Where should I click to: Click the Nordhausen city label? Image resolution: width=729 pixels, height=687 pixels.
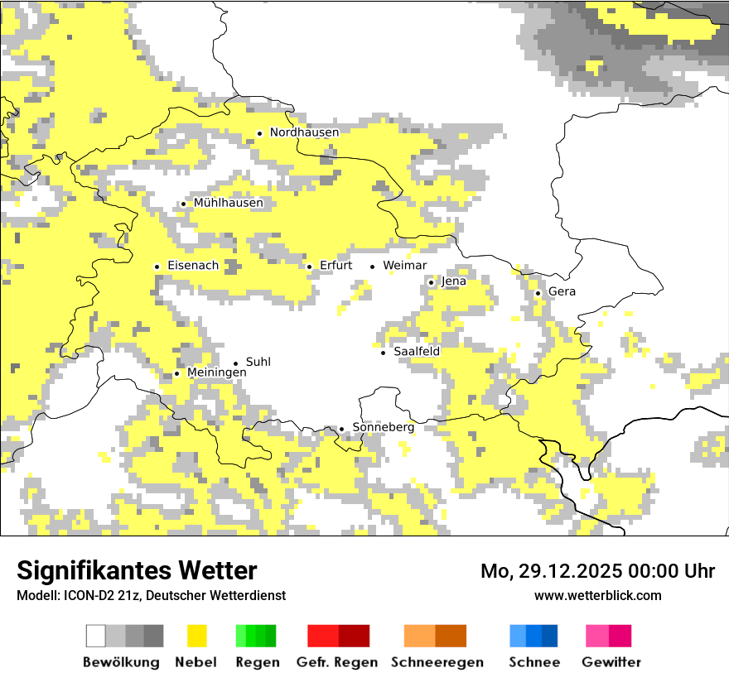304,132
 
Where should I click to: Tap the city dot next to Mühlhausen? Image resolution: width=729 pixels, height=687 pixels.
183,204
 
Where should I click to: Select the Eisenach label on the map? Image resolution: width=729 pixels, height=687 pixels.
193,266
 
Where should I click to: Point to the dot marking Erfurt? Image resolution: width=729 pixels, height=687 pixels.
309,267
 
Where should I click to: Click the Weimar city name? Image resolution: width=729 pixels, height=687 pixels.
404,266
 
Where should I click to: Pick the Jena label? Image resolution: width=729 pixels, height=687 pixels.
454,281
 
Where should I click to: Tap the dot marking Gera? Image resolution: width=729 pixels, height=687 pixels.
538,293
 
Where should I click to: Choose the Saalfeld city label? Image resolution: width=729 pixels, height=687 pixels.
417,352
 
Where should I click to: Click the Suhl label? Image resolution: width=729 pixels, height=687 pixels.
258,363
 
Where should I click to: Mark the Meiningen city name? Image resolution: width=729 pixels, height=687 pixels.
216,373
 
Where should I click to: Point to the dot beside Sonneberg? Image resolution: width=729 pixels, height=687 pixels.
341,429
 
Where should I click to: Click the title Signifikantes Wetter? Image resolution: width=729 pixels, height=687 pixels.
137,570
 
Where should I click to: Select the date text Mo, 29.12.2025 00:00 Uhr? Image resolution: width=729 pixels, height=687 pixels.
597,571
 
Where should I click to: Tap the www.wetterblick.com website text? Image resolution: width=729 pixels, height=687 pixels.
597,595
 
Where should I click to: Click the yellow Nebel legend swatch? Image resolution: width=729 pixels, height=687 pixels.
196,636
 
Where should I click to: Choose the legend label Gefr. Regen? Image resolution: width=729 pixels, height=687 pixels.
337,662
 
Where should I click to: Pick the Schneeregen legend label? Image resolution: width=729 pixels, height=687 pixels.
437,662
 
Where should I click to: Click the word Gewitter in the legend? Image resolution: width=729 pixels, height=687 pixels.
611,662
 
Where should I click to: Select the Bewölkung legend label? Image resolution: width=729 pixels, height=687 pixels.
121,662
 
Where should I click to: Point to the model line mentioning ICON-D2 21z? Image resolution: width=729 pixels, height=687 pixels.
151,595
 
